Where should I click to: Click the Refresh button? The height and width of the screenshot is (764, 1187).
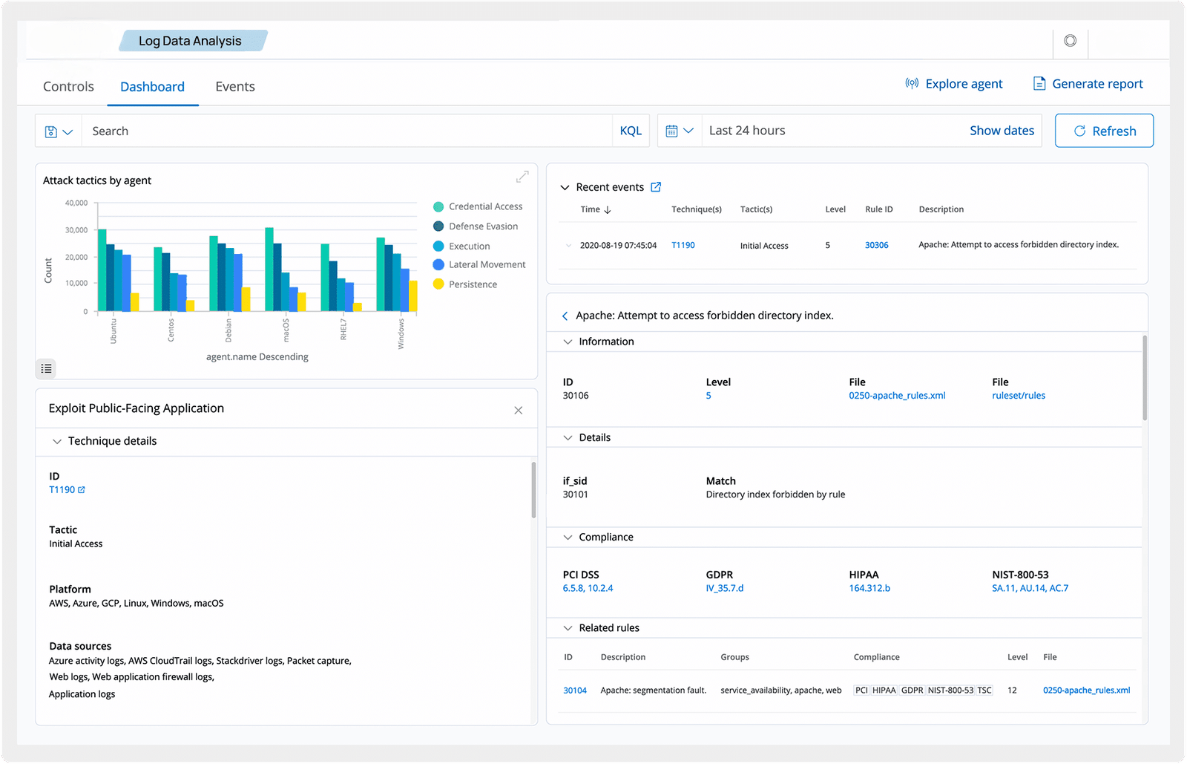click(x=1104, y=131)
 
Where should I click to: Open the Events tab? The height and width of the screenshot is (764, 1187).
click(x=234, y=86)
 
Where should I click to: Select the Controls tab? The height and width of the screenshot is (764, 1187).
click(x=68, y=86)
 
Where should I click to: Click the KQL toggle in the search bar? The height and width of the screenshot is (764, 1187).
click(x=631, y=131)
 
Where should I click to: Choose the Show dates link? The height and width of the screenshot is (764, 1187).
click(x=1002, y=131)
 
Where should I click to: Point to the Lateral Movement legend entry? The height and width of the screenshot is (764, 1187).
click(x=479, y=264)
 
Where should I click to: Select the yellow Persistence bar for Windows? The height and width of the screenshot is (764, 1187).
click(x=412, y=296)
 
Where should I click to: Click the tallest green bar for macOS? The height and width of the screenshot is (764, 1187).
click(x=269, y=270)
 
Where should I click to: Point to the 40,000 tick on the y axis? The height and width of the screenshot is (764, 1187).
click(x=76, y=203)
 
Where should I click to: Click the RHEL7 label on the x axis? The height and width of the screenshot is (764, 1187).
click(x=343, y=329)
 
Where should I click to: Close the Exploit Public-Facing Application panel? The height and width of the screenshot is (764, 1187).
click(x=519, y=411)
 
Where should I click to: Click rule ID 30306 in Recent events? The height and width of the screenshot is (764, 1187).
click(x=876, y=245)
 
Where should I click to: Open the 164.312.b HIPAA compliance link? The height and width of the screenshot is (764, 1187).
click(x=869, y=588)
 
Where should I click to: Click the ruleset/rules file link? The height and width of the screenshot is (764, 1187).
click(x=1019, y=396)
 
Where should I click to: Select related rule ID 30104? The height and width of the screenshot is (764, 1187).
click(x=575, y=690)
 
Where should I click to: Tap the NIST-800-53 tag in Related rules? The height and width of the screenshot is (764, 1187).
click(x=950, y=690)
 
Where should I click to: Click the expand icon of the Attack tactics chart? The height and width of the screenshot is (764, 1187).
click(x=522, y=177)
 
